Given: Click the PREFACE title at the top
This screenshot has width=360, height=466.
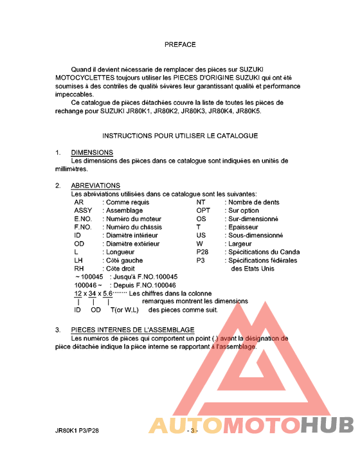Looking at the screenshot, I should [180, 44].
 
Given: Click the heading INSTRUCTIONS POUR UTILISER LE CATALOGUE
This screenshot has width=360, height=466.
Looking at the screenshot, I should [180, 136].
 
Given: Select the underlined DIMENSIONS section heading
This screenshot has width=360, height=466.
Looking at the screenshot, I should [92, 152].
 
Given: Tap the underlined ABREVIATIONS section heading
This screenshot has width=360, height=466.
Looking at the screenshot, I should [96, 186].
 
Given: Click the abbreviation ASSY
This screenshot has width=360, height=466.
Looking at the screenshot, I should [83, 210].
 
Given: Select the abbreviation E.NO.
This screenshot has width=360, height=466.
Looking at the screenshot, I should [84, 219].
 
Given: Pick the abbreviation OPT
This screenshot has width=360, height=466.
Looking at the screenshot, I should [203, 210].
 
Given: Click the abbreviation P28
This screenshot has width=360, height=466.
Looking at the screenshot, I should [203, 252].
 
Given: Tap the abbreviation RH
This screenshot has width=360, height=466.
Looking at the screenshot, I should [79, 269].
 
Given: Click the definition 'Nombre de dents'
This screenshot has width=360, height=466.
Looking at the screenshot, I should [254, 202].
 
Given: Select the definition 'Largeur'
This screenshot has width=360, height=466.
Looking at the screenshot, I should [241, 244].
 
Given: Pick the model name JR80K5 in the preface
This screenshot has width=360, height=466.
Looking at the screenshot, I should [248, 111].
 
